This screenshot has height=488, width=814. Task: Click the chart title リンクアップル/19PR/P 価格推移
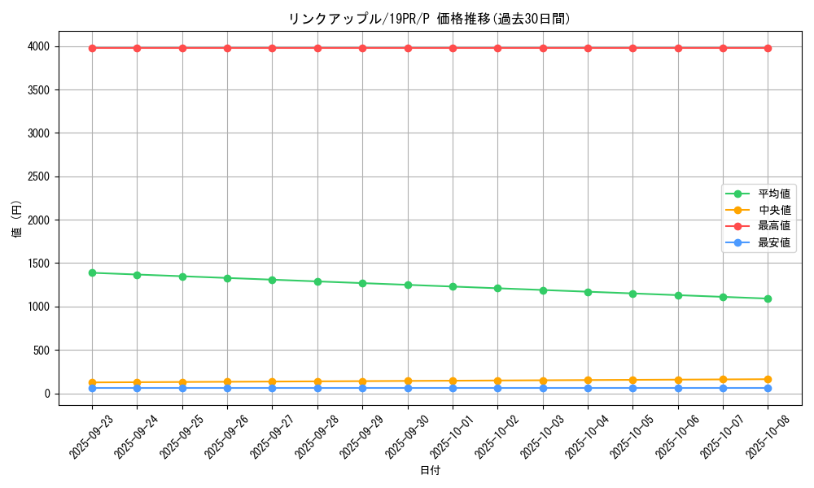[x=429, y=19]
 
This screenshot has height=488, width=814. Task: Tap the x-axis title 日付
[x=430, y=471]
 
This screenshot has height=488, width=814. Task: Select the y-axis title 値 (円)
[x=17, y=220]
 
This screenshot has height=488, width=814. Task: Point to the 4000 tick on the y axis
[x=40, y=47]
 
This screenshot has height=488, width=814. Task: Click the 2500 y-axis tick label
[x=40, y=177]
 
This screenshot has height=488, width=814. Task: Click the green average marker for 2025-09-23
[x=92, y=272]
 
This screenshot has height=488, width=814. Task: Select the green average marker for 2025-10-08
[x=768, y=298]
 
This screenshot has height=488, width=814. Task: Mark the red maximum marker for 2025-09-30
[x=408, y=48]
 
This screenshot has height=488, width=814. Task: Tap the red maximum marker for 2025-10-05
[x=632, y=48]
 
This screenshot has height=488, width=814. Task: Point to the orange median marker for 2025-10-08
[x=768, y=379]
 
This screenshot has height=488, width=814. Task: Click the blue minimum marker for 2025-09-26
[x=227, y=388]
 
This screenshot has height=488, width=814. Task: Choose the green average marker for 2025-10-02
[x=497, y=288]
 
